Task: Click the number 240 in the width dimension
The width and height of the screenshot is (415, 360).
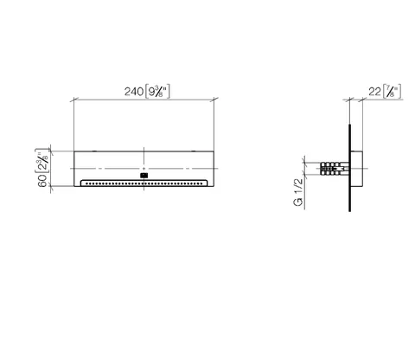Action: tap(134, 92)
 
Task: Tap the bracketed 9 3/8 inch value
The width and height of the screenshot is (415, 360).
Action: tap(157, 92)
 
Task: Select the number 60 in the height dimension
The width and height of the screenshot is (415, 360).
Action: tap(43, 181)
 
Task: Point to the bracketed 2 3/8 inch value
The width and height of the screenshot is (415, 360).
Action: tap(42, 161)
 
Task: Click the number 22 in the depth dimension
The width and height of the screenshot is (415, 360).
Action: tap(374, 92)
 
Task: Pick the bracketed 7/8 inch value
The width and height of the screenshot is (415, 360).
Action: tap(392, 92)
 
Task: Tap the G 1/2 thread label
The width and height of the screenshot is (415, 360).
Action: tap(298, 192)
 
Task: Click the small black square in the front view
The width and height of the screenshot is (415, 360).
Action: tap(144, 175)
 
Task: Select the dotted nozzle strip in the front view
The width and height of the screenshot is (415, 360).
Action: tap(144, 183)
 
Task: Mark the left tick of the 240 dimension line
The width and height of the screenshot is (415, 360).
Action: tap(74, 100)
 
